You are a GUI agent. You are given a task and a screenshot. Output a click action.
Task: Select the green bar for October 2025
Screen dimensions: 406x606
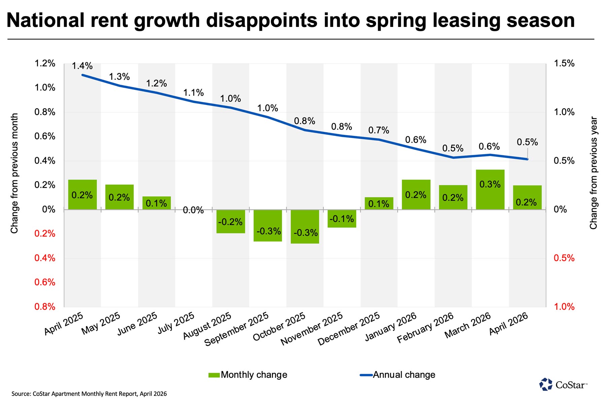(x=305, y=226)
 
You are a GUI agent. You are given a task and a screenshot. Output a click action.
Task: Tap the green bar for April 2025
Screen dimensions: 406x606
(x=82, y=194)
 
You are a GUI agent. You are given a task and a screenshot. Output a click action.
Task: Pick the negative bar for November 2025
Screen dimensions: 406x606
(x=342, y=219)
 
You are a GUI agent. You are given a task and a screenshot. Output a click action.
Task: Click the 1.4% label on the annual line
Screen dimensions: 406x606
(x=82, y=66)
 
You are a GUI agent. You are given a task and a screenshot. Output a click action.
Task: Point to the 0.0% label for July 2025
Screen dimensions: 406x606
(x=193, y=211)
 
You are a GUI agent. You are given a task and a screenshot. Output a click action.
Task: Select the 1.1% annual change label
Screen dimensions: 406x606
(x=193, y=93)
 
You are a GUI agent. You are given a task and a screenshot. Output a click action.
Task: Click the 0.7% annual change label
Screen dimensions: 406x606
(x=379, y=130)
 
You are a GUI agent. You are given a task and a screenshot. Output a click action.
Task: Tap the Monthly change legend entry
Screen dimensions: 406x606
(x=248, y=375)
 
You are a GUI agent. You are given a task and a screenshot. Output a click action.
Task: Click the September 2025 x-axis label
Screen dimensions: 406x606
(x=237, y=329)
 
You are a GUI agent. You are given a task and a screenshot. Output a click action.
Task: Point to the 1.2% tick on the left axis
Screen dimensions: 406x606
(x=45, y=63)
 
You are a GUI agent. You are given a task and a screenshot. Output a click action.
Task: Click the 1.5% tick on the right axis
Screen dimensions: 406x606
(x=564, y=63)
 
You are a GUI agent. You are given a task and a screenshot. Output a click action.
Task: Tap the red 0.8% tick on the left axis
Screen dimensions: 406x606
(x=45, y=306)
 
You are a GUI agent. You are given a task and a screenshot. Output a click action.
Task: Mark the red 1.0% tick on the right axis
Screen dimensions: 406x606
(x=564, y=306)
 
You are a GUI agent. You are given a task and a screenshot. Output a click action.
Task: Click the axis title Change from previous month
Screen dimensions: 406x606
(x=14, y=173)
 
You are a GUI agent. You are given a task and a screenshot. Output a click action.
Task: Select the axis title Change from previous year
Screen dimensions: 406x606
(x=593, y=173)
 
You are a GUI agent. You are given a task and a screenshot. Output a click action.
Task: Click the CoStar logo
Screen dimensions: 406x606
(x=563, y=384)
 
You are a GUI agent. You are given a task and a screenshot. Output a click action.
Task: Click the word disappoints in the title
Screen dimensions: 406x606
(x=262, y=20)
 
